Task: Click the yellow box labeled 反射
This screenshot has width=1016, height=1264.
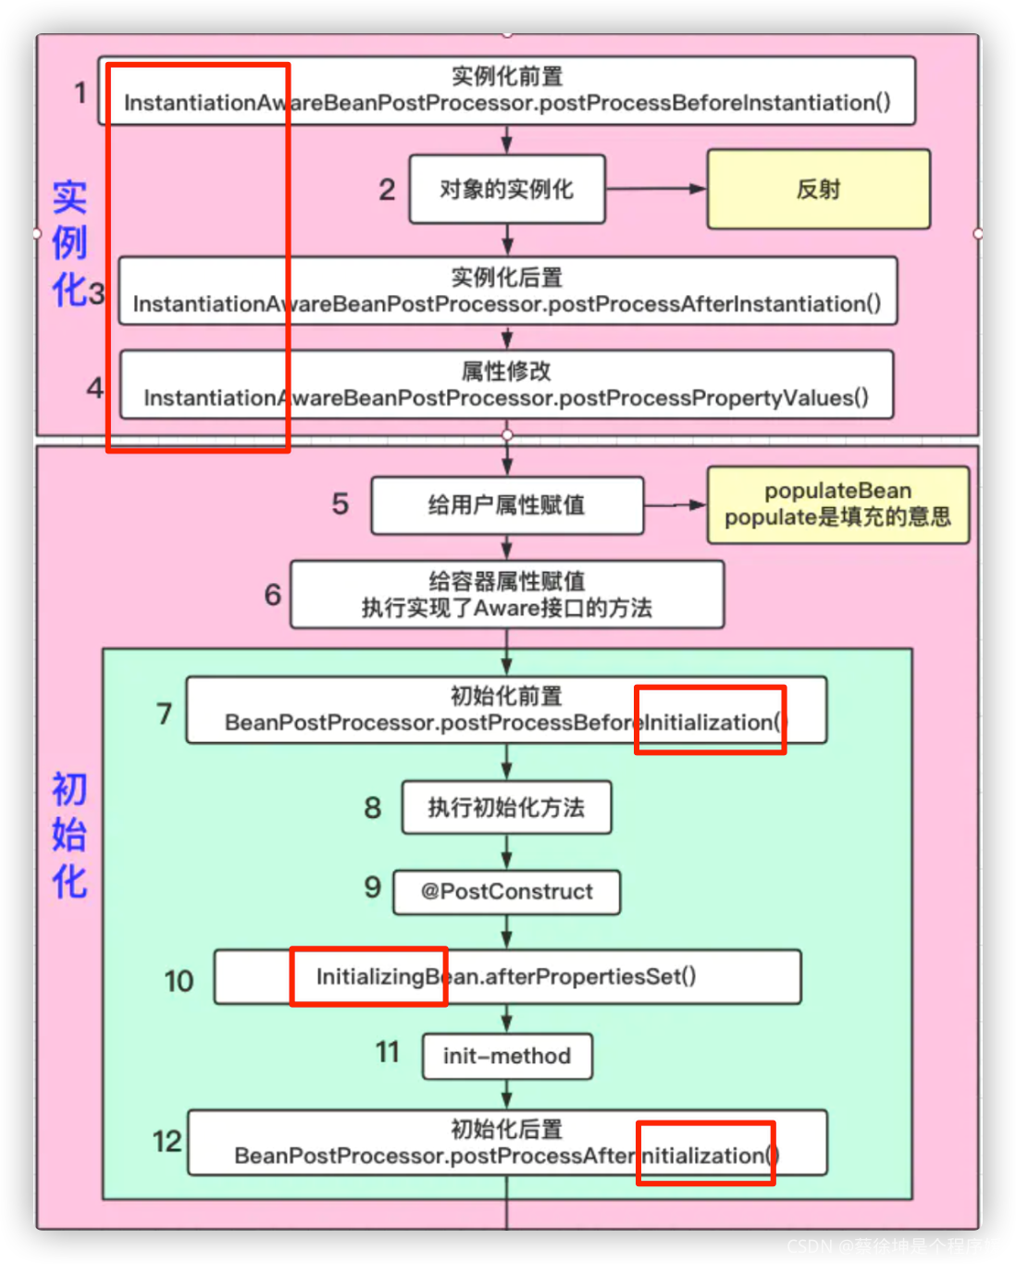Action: point(818,189)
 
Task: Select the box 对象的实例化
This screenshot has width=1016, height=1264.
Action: point(507,189)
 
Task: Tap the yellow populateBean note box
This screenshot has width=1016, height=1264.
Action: point(837,504)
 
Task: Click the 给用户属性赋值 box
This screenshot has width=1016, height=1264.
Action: point(507,505)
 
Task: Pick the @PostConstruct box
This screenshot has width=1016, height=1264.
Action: point(507,892)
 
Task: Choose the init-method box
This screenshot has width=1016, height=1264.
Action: point(507,1056)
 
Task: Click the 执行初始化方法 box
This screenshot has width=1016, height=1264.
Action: point(507,808)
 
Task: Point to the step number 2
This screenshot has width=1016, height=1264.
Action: point(387,190)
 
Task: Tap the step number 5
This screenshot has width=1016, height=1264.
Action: point(341,504)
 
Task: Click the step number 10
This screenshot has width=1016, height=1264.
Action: point(179,981)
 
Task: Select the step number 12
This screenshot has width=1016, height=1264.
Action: point(167,1141)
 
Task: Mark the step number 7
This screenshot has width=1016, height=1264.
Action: point(164,713)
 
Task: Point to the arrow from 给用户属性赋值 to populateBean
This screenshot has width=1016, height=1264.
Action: point(675,505)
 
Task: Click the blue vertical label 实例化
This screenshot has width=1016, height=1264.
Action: point(69,243)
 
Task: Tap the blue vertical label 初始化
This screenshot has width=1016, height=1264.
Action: point(69,835)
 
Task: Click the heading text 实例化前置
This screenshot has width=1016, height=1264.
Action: point(507,76)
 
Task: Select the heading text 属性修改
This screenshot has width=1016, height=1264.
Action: point(507,371)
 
